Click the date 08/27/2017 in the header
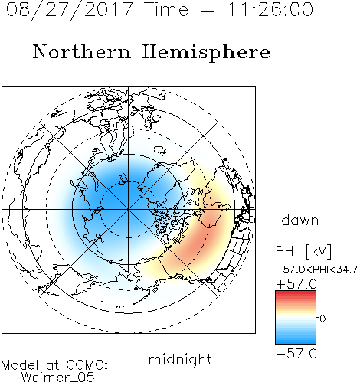tap(70, 10)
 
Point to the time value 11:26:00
tap(270, 9)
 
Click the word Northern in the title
tap(82, 51)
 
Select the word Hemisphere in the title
tap(206, 53)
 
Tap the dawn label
tap(300, 220)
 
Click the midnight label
tap(180, 360)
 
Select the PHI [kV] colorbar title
tap(303, 251)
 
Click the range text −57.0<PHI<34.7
tap(316, 270)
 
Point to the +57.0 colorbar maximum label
tap(296, 284)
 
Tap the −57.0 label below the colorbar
tap(296, 354)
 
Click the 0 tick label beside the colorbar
tap(322, 319)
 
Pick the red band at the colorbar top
tap(296, 294)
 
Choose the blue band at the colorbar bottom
tap(296, 340)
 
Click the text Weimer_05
tap(57, 378)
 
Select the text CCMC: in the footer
tap(87, 365)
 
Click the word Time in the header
tap(166, 9)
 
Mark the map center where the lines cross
tap(129, 210)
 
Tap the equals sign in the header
tap(208, 10)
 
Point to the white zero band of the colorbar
tap(296, 318)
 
